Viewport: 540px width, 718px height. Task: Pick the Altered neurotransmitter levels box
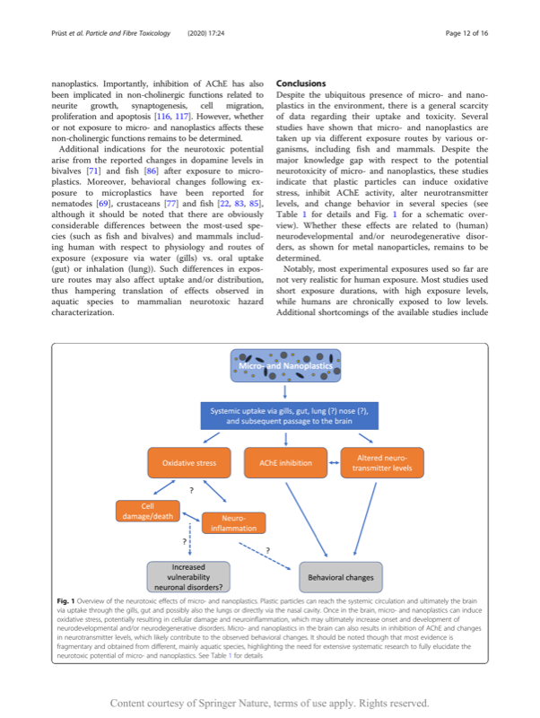tap(383, 463)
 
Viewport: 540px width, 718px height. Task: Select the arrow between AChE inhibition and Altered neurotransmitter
tap(333, 463)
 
